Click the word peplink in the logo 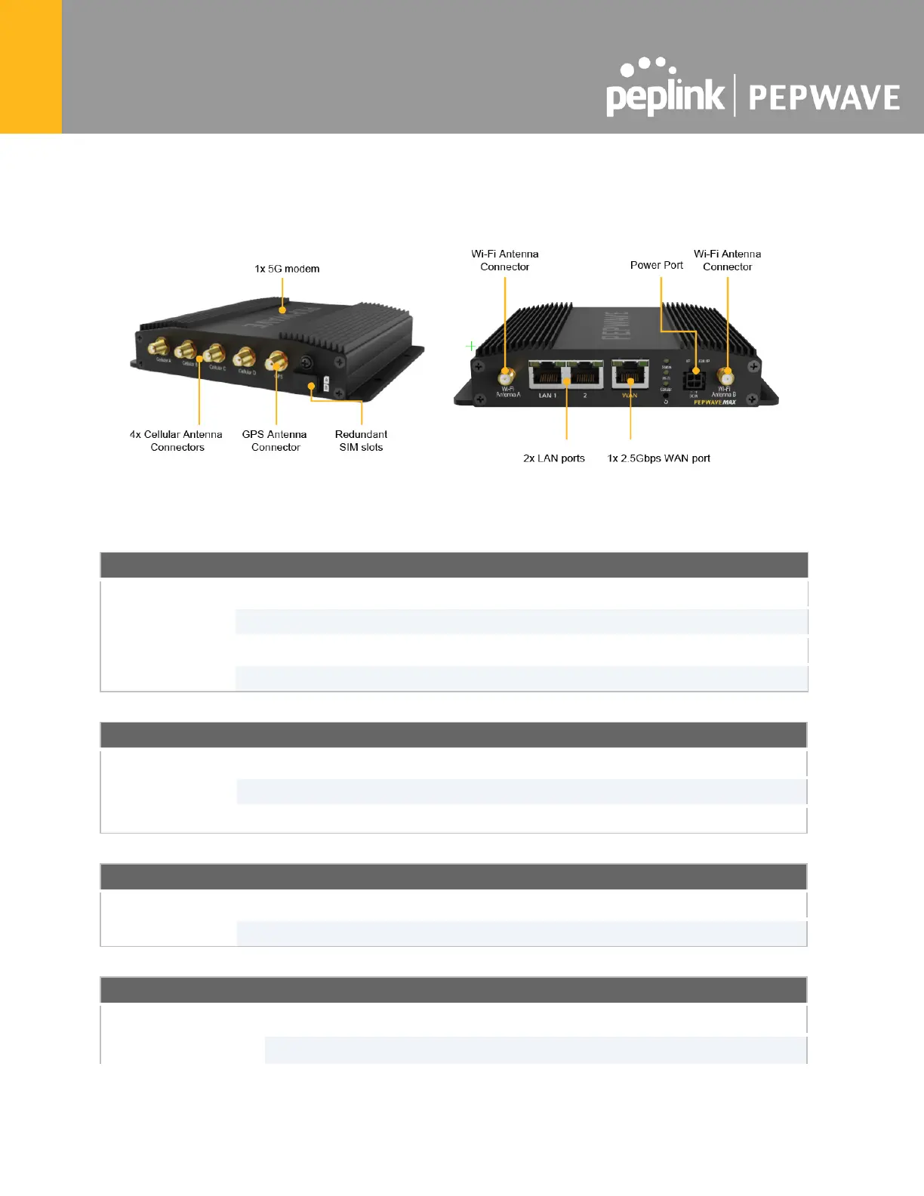664,97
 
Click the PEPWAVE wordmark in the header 824,98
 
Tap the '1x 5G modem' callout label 287,269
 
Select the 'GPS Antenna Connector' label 275,441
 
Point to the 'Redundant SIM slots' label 361,441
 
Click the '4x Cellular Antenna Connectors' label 177,441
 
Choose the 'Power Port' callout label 656,265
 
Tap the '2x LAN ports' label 554,458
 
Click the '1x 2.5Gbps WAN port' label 659,458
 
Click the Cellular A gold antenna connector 158,347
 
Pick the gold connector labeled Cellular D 244,356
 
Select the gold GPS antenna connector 276,361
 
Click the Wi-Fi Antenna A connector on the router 506,376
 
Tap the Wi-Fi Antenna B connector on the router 726,377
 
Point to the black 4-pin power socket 693,380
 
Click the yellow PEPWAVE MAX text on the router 714,402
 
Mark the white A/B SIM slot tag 326,384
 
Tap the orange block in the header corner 31,66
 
